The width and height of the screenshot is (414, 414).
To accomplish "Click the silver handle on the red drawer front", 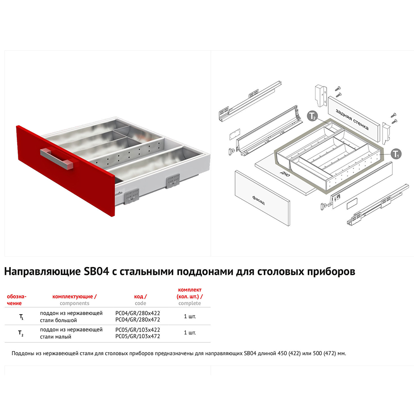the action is tap(57, 158).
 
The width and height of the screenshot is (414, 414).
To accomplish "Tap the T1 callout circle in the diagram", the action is tap(395, 154).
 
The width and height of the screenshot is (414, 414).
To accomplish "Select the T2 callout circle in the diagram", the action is tap(313, 116).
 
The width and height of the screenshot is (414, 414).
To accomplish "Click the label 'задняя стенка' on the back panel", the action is tap(351, 119).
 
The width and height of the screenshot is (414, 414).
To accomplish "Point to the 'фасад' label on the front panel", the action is tap(258, 200).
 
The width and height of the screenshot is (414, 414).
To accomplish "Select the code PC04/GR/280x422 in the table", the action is tap(137, 313).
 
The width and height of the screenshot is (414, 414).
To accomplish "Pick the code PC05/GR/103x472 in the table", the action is tap(137, 336).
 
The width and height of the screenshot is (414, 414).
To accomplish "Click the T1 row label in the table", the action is tap(22, 317).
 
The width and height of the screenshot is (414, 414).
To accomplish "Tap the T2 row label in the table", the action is tap(21, 333).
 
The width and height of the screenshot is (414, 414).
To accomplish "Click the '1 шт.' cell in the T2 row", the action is tap(190, 333).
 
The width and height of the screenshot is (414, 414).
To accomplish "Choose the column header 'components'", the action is tap(75, 303).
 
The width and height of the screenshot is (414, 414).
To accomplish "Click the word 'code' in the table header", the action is tap(140, 303).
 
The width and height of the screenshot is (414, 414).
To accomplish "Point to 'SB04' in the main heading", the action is tap(96, 272).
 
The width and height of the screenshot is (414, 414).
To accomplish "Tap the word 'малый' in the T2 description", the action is tap(63, 337).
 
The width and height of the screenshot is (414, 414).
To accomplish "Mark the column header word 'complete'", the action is tap(190, 303).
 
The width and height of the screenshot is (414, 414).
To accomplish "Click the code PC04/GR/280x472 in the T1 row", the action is tap(137, 320).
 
